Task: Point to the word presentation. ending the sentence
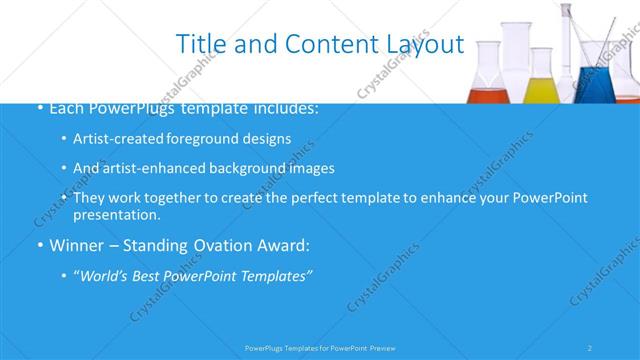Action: [x=116, y=214]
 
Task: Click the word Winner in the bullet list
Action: [x=76, y=244]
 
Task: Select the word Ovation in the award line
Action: [x=222, y=244]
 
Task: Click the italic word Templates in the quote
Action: [x=276, y=275]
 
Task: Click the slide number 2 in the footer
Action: [x=590, y=347]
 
